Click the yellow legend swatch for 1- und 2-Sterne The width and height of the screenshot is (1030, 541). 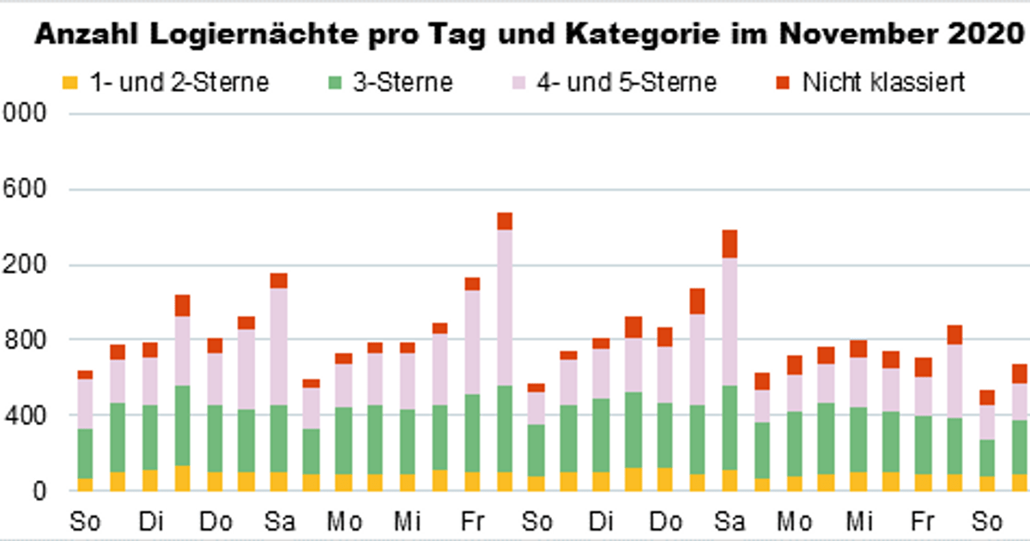tap(70, 83)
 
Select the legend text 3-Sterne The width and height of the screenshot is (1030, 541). tap(402, 83)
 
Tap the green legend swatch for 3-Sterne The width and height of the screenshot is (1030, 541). tap(336, 83)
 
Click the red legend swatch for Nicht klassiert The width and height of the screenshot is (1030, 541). tap(783, 83)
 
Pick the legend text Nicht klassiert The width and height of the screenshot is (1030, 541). tap(884, 83)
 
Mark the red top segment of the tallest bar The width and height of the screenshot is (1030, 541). tap(505, 221)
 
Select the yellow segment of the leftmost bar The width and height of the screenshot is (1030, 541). tap(85, 484)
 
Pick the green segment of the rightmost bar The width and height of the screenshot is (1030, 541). tap(1019, 447)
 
